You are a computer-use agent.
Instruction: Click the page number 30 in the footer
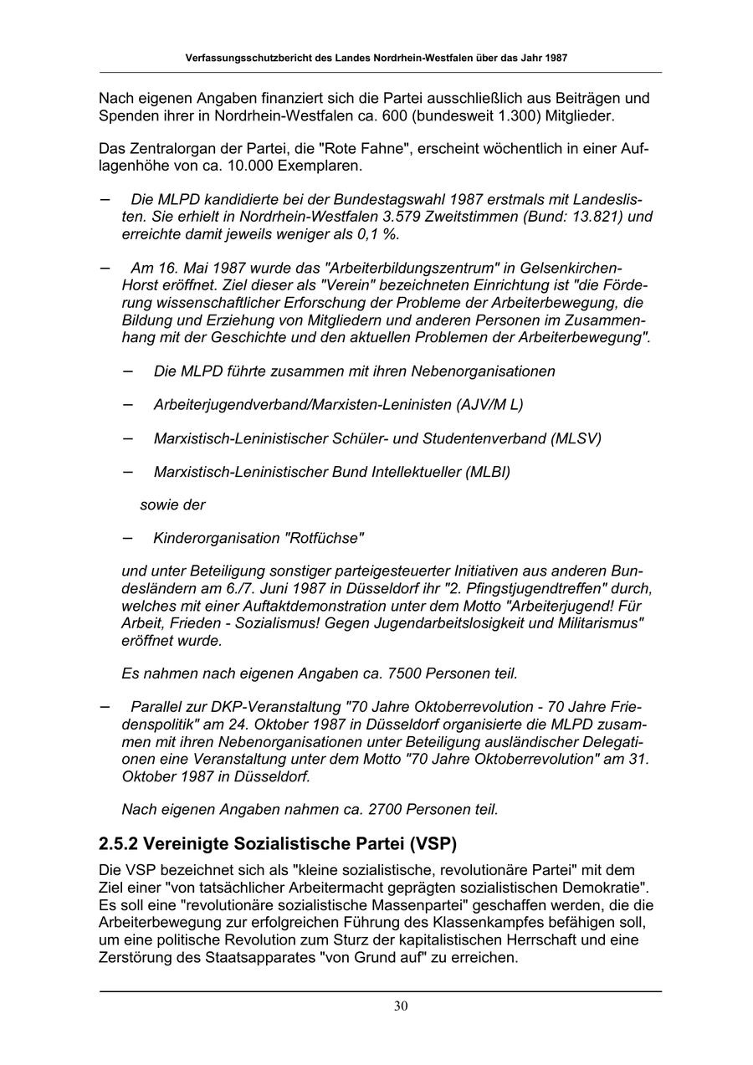pyautogui.click(x=401, y=1006)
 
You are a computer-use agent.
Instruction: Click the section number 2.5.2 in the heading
pyautogui.click(x=124, y=843)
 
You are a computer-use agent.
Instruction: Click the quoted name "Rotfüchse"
pyautogui.click(x=324, y=538)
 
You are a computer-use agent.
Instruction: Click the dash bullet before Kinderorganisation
pyautogui.click(x=128, y=537)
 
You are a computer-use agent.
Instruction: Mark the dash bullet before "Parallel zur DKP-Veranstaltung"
pyautogui.click(x=105, y=706)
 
